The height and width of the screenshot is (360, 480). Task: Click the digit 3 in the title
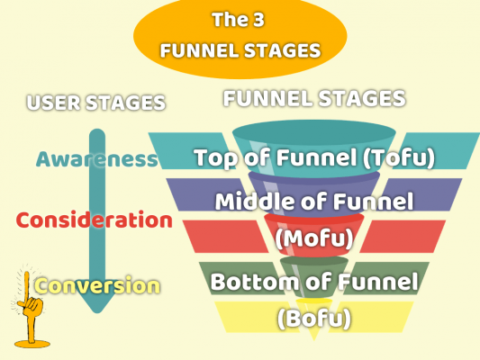258,20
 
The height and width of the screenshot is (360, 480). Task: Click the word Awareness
96,159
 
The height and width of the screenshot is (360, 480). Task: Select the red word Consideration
95,220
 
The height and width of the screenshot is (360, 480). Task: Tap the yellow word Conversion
97,285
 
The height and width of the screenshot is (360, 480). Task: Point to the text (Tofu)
399,157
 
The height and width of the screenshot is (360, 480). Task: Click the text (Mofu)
314,238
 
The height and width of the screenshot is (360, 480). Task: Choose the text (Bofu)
314,318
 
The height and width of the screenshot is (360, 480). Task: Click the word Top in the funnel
216,158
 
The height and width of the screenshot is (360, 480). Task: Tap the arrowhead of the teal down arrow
97,302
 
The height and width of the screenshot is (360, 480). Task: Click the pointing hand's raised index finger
27,286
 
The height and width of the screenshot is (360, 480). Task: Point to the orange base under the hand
32,344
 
